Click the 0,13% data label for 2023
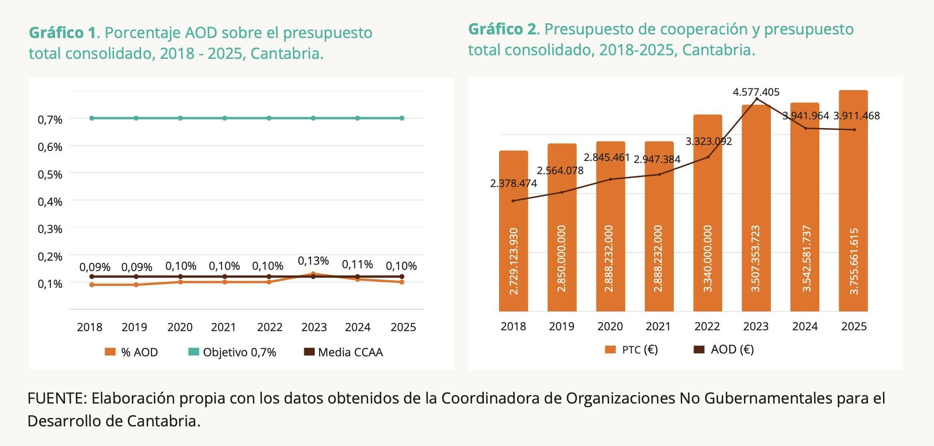[313, 261]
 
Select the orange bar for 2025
[853, 201]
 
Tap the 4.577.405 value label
[756, 92]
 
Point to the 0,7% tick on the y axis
[50, 120]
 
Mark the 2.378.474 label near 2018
[513, 183]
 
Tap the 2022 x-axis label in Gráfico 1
[269, 327]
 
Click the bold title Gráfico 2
[502, 29]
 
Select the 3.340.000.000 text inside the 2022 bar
[708, 259]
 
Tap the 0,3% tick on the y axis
[50, 229]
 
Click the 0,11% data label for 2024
[357, 265]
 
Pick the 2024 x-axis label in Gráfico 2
[805, 326]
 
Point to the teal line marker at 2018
[92, 118]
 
